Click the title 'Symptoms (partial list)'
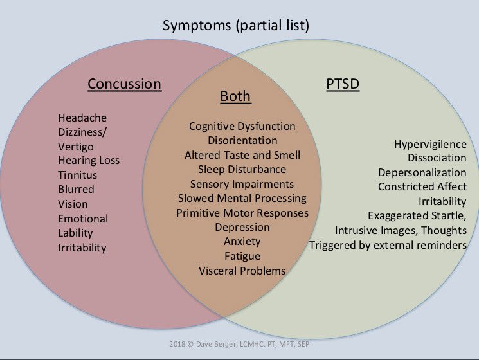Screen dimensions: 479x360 coord(236,26)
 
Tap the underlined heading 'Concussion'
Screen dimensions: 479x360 coord(124,84)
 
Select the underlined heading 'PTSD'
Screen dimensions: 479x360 coord(343,84)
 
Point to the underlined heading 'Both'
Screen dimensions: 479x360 coord(235,96)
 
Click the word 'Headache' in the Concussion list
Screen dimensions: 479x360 coord(82,118)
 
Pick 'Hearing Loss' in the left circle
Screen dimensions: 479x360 coord(89,160)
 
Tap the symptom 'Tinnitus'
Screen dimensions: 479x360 coord(77,175)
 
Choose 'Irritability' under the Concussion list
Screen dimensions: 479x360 coord(82,248)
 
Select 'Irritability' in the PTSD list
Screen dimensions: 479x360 coord(442,201)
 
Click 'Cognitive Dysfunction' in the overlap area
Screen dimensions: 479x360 coord(242,126)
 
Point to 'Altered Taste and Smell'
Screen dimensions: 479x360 coord(242,155)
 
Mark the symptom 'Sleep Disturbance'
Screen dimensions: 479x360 coord(242,170)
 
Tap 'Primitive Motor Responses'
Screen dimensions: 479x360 coord(242,213)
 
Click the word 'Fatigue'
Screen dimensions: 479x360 coord(242,256)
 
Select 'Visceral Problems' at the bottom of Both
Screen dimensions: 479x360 coord(242,271)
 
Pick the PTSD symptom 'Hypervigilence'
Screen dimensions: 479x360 coord(430,144)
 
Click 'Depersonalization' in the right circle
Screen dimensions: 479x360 coord(422,172)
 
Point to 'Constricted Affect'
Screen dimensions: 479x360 coord(422,186)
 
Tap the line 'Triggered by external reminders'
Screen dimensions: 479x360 coord(388,245)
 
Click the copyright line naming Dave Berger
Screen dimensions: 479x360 coord(239,344)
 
